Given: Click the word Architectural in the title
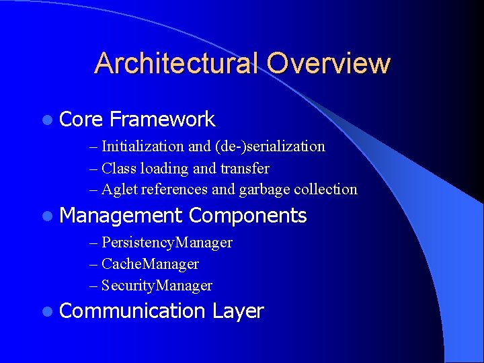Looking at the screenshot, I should (177, 63).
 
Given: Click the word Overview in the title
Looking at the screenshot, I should (328, 63).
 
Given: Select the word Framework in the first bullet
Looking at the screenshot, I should (162, 120).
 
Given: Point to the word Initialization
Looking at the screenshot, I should (143, 146).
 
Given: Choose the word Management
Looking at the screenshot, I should (121, 216).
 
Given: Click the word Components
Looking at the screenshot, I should (247, 216).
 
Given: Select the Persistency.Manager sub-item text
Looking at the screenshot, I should (167, 242).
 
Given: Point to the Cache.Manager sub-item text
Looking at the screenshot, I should (150, 264).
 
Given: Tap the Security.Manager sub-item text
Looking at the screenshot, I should (157, 285).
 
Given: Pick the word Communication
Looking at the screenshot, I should (132, 311).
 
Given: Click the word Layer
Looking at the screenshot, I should (238, 311).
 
